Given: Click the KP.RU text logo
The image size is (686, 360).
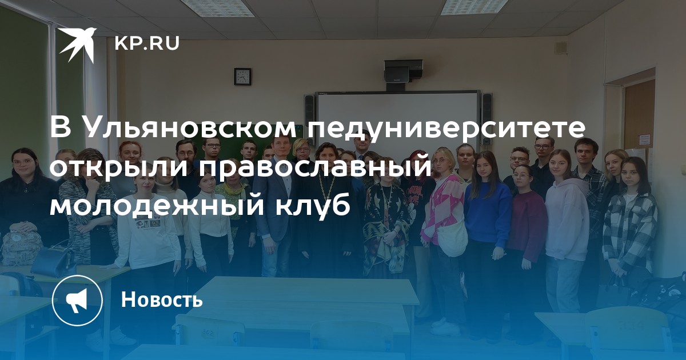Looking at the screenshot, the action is [147, 43].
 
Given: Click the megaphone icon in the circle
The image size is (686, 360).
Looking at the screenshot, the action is [77, 301].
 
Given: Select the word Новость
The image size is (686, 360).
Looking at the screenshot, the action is [162, 299].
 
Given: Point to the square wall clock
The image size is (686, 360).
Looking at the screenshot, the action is [242, 77].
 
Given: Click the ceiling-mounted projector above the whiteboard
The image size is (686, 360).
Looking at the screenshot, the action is [404, 73].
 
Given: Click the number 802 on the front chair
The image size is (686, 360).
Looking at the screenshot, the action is [208, 332].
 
